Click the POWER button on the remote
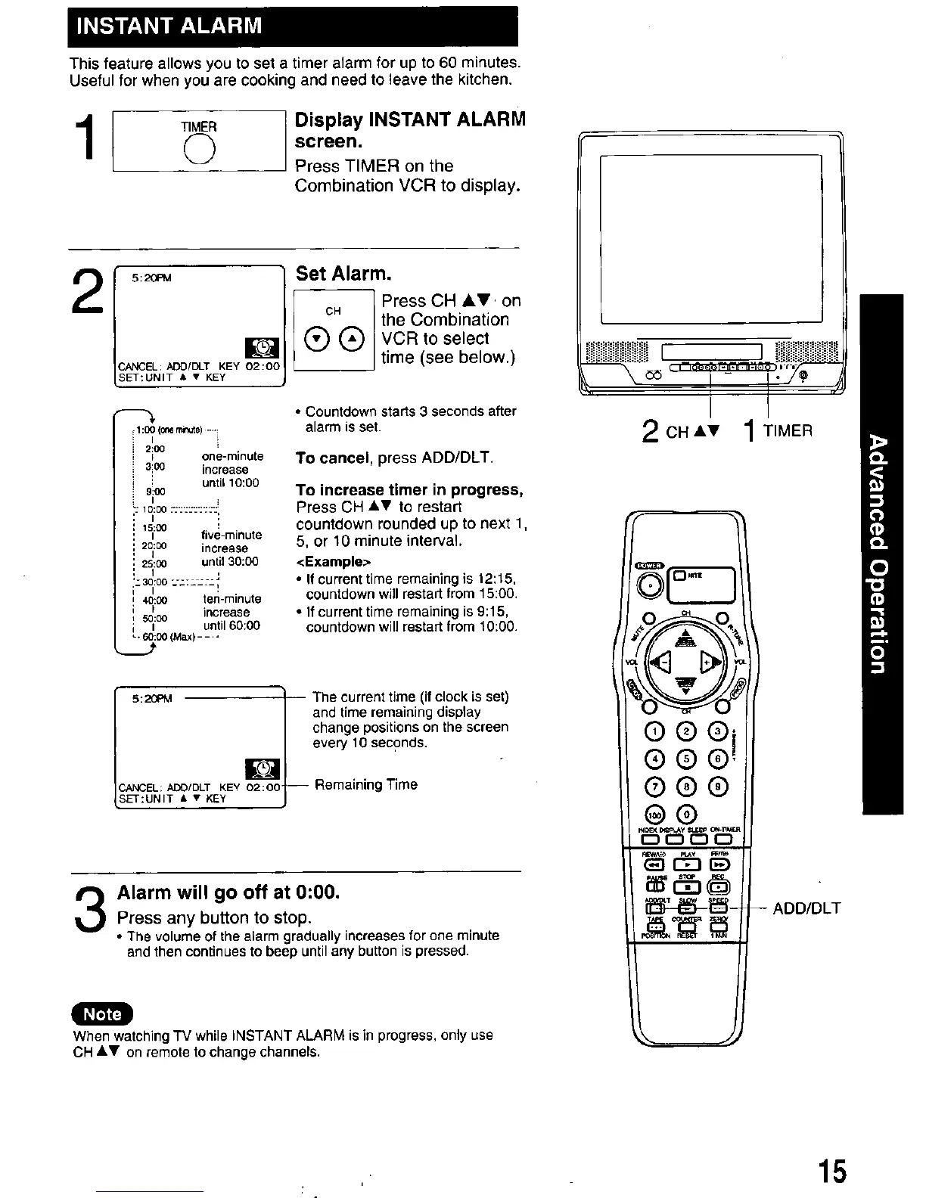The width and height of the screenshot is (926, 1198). click(648, 585)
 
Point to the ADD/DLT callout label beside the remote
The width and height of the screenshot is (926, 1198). click(806, 908)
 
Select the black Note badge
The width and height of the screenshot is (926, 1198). click(101, 1013)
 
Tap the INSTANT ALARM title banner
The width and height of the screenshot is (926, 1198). click(293, 26)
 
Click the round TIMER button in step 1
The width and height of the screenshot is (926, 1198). click(198, 152)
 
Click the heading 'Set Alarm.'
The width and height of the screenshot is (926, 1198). click(333, 273)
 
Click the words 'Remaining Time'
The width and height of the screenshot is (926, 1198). click(365, 784)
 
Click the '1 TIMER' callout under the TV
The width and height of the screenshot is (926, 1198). click(778, 430)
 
